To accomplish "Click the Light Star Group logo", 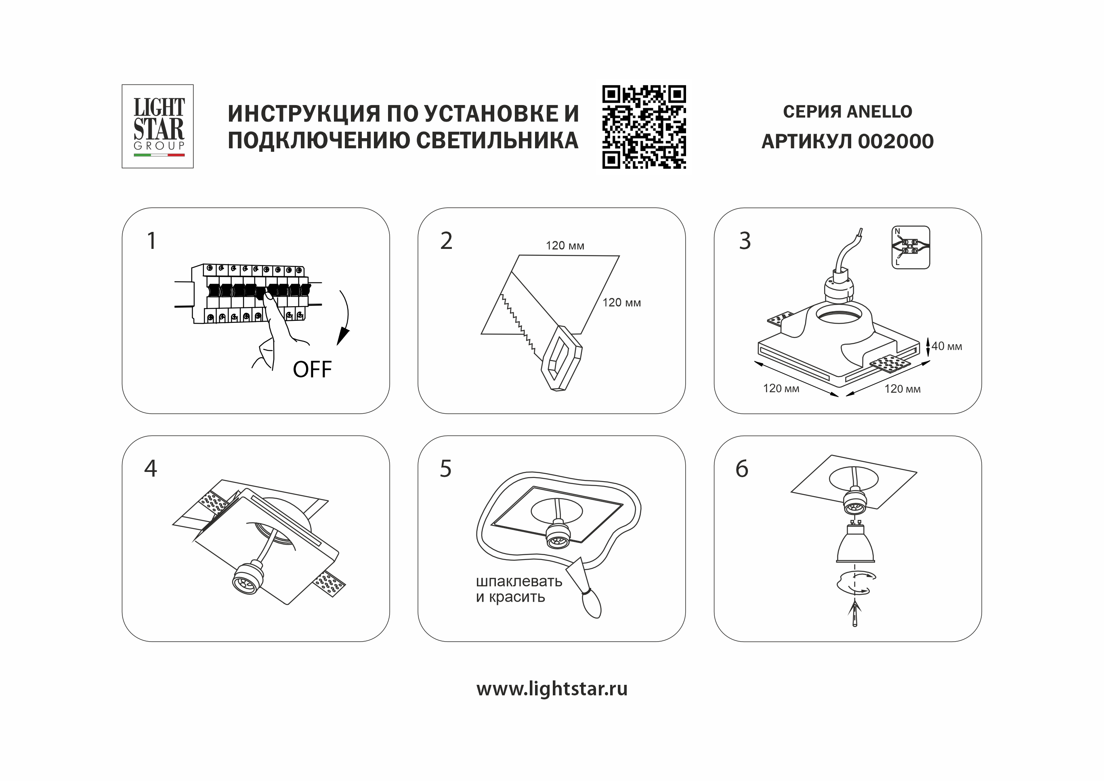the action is click(x=158, y=126).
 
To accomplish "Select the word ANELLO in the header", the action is click(x=879, y=112).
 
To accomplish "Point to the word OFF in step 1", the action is click(x=312, y=370).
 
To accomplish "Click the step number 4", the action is click(x=151, y=468).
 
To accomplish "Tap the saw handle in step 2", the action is click(x=561, y=358).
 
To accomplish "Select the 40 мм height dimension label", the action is click(x=946, y=346).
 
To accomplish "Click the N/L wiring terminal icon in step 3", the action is click(x=911, y=247).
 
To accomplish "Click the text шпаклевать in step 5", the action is click(x=519, y=581).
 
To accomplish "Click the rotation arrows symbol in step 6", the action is click(x=854, y=583).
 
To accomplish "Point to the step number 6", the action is click(x=742, y=469).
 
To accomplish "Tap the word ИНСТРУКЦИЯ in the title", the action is click(x=304, y=114).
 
